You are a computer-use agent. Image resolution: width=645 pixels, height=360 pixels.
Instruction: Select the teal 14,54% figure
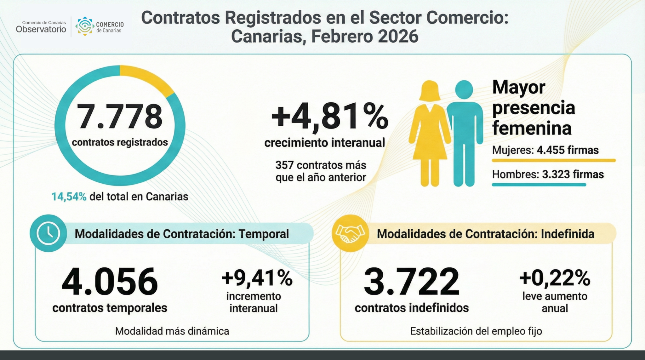[x=69, y=197]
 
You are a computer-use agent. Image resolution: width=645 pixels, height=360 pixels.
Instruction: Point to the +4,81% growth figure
[x=329, y=116]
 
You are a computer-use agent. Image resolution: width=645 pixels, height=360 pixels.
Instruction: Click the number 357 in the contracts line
[x=284, y=165]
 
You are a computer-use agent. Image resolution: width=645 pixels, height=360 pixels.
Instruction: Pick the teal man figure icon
[x=464, y=132]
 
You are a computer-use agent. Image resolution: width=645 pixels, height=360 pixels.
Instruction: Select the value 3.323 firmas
[x=573, y=174]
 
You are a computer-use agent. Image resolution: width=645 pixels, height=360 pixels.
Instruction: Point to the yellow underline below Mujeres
[x=553, y=161]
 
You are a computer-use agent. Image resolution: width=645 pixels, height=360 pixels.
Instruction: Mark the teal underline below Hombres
[x=539, y=185]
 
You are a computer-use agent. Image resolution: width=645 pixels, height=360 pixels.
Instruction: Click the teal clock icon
[x=49, y=233]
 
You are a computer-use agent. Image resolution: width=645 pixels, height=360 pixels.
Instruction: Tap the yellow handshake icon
[x=350, y=233]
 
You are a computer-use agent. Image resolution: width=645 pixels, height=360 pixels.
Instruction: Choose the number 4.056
[x=110, y=282]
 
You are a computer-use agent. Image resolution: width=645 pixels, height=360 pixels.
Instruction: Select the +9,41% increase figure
[x=257, y=278]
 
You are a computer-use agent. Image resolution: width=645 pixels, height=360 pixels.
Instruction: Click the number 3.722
[x=411, y=282]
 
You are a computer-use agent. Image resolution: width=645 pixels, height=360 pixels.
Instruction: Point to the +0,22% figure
[x=555, y=278]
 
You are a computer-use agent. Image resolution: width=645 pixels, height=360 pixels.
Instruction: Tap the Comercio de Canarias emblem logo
[x=85, y=26]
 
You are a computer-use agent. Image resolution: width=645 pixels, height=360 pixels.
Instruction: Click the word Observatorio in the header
[x=41, y=30]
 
